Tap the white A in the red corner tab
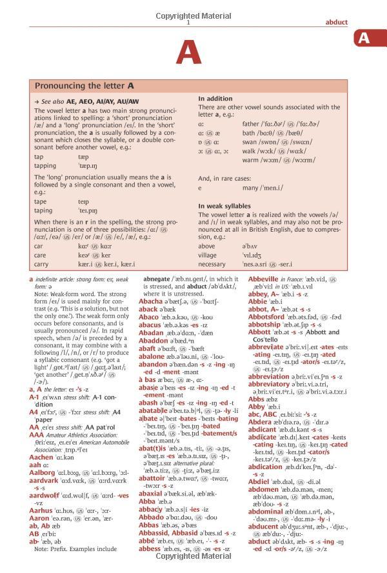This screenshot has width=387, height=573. point(364,39)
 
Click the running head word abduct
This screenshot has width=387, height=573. point(337,22)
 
